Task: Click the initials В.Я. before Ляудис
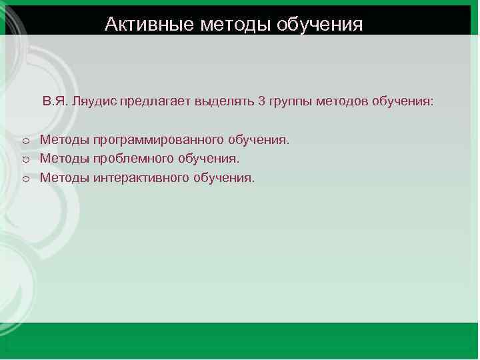tap(55, 102)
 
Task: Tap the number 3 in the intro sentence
tap(261, 102)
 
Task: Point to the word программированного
tap(160, 141)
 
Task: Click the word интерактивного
tap(143, 178)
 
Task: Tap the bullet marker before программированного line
tap(24, 141)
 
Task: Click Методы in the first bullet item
tap(65, 141)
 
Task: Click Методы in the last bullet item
tap(65, 178)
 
